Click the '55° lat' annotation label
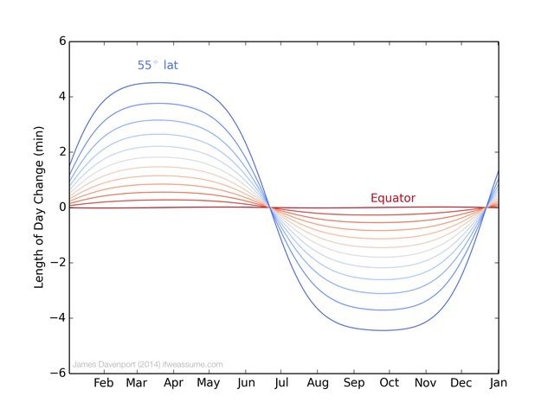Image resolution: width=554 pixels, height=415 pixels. point(158,66)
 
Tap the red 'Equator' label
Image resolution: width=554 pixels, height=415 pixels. point(393,198)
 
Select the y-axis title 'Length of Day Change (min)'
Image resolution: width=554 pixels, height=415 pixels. point(40,207)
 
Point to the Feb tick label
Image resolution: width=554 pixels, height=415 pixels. point(104,383)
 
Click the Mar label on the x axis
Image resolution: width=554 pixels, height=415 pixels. point(137,383)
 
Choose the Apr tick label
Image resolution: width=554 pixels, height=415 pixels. point(173,383)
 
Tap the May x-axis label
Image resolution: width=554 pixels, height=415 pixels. point(209,383)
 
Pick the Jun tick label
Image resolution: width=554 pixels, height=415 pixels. point(245,383)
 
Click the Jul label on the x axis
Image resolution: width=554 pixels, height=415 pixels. point(281,383)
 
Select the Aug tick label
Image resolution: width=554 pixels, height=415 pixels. point(318,383)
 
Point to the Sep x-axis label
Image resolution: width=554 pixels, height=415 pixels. point(354,383)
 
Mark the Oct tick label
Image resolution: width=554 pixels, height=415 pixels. point(390,383)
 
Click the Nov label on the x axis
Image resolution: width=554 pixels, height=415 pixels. point(425,383)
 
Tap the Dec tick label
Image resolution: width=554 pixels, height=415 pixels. point(461,383)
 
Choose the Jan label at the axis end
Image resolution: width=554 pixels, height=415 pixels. point(498,383)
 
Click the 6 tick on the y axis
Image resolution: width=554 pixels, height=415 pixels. point(61,41)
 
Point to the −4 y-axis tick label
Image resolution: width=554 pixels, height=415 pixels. point(58,318)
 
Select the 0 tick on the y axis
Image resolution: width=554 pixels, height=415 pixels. point(61,207)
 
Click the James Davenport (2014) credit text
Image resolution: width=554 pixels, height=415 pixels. point(147,365)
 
